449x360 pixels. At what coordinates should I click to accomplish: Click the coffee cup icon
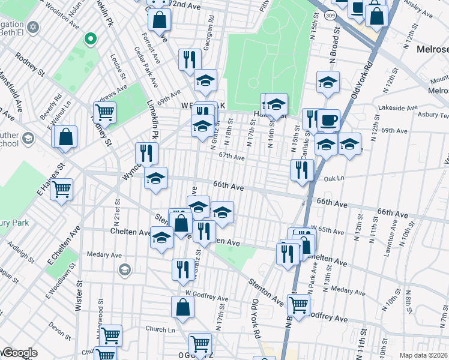click(x=328, y=119)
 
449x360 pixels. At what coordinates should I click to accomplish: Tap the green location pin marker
click(x=91, y=39)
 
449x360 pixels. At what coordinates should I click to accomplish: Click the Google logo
click(x=19, y=353)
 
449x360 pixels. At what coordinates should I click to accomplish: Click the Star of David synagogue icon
click(x=34, y=28)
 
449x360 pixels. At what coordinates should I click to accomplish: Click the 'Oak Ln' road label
click(x=333, y=178)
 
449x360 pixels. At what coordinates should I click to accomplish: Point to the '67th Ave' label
click(x=232, y=157)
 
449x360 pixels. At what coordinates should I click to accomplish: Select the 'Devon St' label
click(x=60, y=328)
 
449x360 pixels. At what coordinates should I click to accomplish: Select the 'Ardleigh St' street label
click(x=21, y=251)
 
